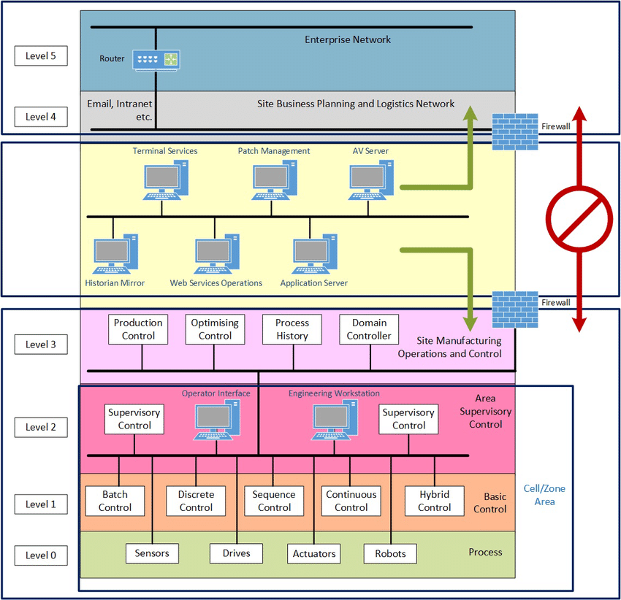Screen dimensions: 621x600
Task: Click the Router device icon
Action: (x=156, y=61)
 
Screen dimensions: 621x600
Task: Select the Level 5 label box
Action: (x=41, y=55)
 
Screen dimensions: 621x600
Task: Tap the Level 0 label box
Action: (x=41, y=555)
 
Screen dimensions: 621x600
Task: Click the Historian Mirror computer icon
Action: (x=115, y=254)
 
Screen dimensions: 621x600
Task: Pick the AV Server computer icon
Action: (x=371, y=180)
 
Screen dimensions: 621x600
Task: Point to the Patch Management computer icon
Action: (x=275, y=180)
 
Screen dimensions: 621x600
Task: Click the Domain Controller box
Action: (x=369, y=329)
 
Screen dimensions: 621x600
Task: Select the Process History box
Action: (x=292, y=329)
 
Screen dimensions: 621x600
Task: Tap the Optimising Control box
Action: (x=215, y=329)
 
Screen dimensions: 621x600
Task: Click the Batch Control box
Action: (x=115, y=501)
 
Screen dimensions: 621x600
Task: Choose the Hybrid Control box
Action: (x=435, y=501)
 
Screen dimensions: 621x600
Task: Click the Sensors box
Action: (x=152, y=553)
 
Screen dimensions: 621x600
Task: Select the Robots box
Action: (x=391, y=553)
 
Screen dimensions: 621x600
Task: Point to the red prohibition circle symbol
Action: (x=579, y=219)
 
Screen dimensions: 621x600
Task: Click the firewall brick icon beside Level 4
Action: (x=515, y=131)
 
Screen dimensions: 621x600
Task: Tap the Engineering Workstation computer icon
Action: (x=335, y=420)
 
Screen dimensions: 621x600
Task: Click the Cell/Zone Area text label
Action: (x=544, y=495)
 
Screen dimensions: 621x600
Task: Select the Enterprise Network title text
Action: (x=348, y=39)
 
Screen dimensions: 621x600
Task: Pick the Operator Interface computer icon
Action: (x=218, y=420)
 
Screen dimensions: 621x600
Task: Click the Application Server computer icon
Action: (x=315, y=254)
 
